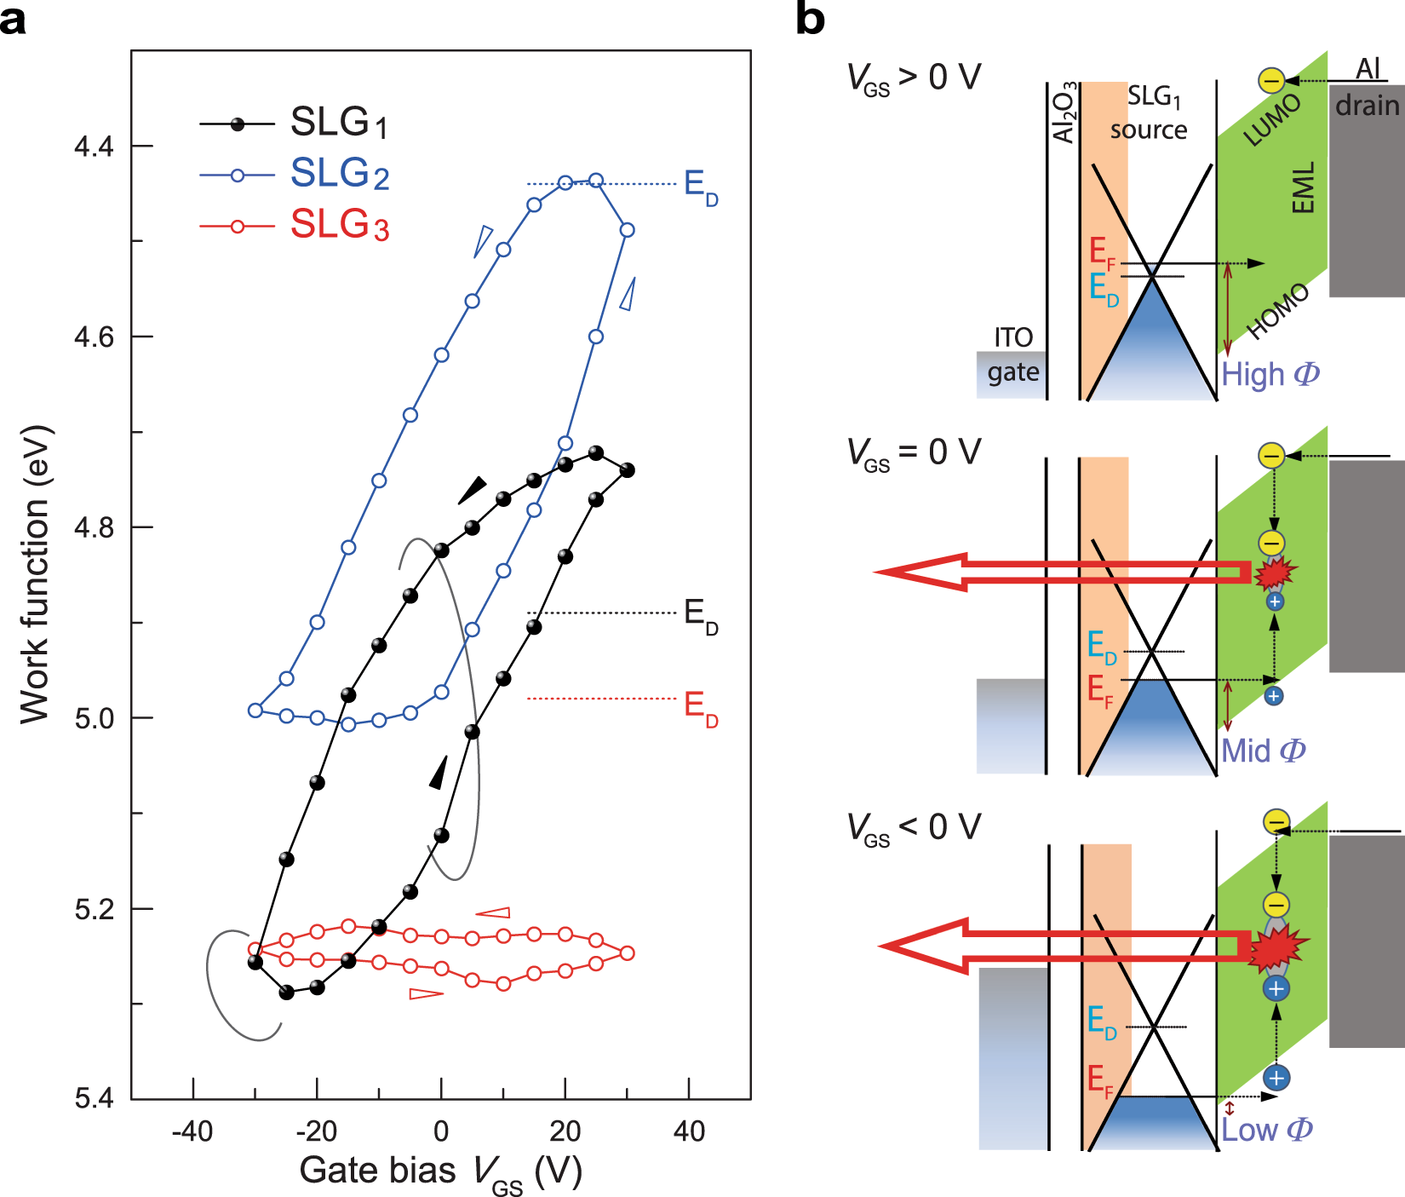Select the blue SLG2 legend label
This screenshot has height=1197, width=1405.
pos(339,174)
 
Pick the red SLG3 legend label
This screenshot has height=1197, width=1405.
pos(339,225)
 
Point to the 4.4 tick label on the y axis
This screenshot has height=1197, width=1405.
pos(94,147)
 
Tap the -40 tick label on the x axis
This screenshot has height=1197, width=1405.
pos(192,1131)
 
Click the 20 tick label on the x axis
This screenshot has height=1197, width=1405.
pos(565,1131)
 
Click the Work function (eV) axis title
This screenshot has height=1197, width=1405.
pos(36,575)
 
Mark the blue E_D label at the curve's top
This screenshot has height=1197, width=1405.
pos(701,187)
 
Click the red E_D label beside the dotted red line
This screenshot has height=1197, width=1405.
pos(701,707)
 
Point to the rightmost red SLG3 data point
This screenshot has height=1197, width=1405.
pos(627,952)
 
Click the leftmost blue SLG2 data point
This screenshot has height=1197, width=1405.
pos(255,710)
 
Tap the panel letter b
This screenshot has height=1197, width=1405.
pos(810,19)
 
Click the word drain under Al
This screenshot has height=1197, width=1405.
pos(1367,106)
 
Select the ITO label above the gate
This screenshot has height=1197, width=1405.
pos(1013,338)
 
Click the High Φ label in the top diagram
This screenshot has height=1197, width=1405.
pos(1270,374)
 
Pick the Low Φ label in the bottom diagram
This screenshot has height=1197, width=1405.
pos(1266,1130)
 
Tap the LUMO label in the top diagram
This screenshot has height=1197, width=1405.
pos(1272,120)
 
